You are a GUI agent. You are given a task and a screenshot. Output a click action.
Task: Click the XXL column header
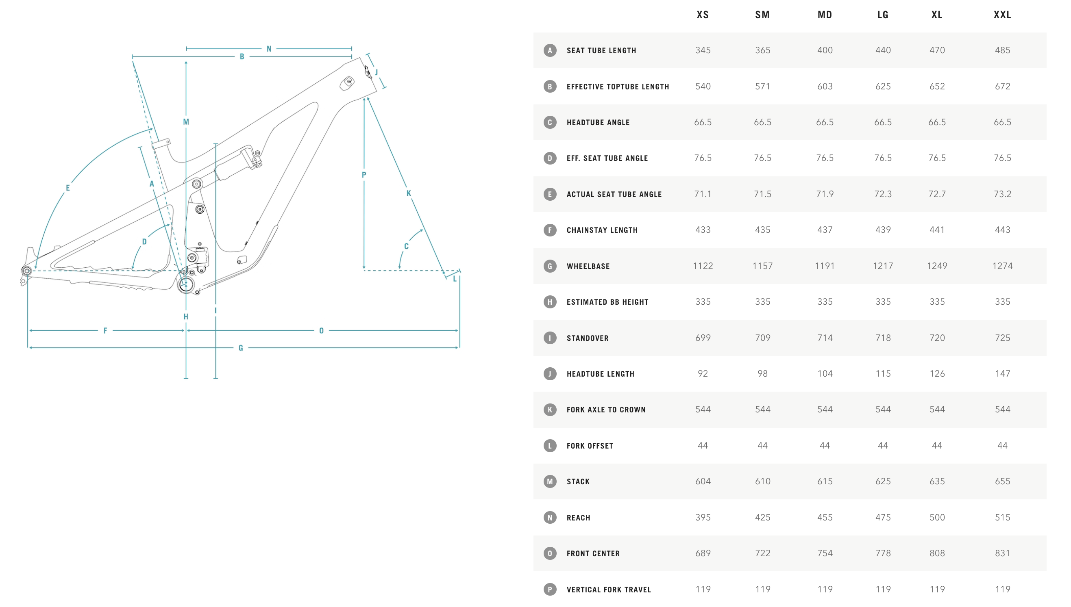point(1002,15)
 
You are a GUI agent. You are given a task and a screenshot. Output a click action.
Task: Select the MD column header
point(825,15)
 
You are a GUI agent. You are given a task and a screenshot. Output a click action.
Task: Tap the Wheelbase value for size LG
point(882,266)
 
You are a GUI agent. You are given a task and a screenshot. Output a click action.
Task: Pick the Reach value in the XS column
point(703,517)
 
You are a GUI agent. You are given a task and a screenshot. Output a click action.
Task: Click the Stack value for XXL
point(1002,481)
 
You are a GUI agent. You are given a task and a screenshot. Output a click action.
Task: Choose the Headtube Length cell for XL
point(937,373)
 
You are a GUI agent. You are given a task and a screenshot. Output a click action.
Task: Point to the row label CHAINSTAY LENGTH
point(602,230)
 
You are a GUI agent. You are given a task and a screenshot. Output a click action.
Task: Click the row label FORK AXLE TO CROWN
point(606,410)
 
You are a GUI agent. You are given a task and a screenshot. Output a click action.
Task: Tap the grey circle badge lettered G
point(550,266)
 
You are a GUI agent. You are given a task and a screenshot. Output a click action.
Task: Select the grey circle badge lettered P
point(550,590)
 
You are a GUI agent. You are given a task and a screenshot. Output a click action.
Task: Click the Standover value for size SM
point(762,338)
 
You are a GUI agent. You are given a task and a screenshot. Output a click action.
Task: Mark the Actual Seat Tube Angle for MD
point(825,194)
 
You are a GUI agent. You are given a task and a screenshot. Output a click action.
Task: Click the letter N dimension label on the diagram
point(269,49)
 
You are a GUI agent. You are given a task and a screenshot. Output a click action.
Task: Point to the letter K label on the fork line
point(409,193)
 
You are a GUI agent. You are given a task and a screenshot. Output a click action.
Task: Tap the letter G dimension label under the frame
point(241,348)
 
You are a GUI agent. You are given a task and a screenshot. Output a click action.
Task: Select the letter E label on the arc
point(67,188)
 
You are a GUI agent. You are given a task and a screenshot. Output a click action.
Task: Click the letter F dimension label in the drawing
point(105,331)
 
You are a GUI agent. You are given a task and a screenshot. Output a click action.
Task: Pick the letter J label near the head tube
point(377,72)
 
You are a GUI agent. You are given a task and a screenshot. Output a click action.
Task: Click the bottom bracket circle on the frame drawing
point(186,285)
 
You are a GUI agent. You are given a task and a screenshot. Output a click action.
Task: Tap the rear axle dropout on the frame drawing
point(27,271)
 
